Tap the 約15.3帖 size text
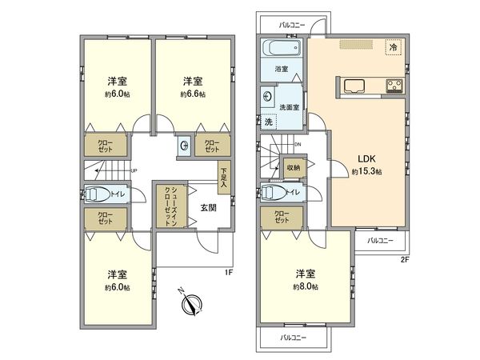366,172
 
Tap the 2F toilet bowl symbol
274,192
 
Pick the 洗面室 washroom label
290,106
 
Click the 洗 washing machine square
270,122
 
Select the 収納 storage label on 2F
293,167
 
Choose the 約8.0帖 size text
305,286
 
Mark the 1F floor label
229,273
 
